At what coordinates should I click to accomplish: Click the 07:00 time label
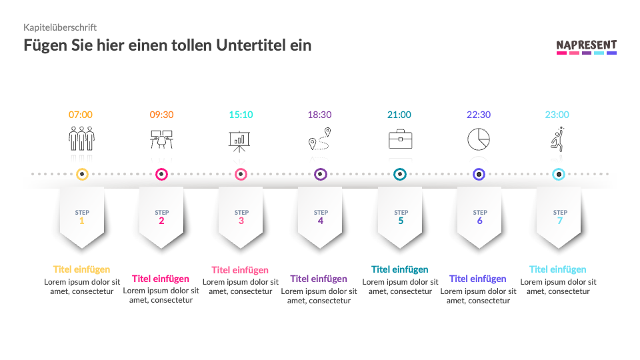81,115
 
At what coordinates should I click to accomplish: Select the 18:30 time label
319,115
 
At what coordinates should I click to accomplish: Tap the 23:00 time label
557,115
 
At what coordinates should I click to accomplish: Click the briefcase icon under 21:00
400,139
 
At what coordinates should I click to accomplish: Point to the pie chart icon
479,139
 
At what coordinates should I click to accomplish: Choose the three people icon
81,139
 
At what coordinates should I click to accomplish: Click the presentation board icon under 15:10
240,141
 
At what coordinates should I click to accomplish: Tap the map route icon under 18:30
319,139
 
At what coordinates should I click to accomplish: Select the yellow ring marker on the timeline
81,175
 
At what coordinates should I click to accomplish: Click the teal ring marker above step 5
399,175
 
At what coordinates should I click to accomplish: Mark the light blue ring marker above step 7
559,175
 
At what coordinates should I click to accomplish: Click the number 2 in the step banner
161,221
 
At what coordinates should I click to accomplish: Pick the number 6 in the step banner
479,221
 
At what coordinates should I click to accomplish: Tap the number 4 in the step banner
321,221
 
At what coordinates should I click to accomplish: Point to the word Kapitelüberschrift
60,27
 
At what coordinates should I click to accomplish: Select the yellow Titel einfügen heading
81,269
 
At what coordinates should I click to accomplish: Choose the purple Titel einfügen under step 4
319,279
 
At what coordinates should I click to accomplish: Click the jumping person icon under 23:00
558,139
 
